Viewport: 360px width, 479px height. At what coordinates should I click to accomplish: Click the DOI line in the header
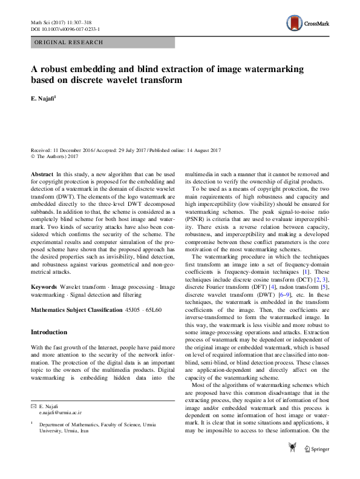tap(65, 29)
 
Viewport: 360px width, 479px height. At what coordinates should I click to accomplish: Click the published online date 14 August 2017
tap(197, 150)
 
